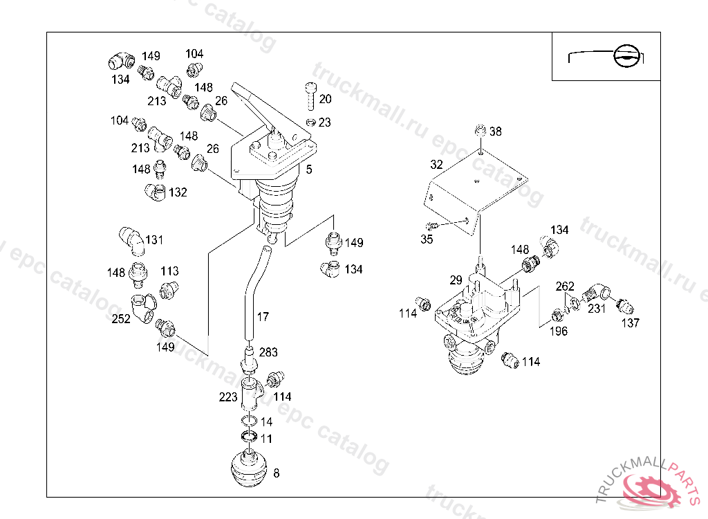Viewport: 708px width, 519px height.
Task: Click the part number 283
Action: tap(268, 352)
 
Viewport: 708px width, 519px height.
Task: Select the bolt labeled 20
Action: tap(310, 96)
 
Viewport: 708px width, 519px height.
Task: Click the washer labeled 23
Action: tap(310, 122)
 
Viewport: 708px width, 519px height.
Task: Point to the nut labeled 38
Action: tap(481, 131)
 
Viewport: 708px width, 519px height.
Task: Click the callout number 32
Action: tap(436, 165)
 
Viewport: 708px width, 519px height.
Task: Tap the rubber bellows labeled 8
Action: tap(249, 468)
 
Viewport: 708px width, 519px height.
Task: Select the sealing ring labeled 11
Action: tap(249, 437)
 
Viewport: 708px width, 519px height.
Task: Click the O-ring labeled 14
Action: tap(249, 421)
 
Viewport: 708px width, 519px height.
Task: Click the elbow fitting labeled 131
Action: tap(131, 241)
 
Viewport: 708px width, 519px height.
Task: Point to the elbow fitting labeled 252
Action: tap(143, 307)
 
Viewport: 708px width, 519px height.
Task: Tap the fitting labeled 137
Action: tap(625, 306)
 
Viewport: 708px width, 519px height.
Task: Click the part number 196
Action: tap(558, 331)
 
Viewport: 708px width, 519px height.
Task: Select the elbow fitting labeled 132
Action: tap(156, 192)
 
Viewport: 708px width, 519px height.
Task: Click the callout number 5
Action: tap(309, 170)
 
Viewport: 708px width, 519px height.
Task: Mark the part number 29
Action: tap(456, 280)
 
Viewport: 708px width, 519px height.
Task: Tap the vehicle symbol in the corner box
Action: tap(606, 57)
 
